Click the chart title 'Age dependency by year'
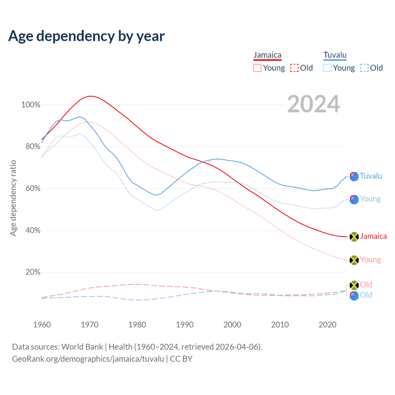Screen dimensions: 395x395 86,36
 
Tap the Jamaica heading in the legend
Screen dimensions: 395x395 267,55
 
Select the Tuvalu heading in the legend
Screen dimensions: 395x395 335,55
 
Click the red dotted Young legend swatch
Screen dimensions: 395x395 257,68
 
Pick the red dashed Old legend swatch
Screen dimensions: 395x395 294,68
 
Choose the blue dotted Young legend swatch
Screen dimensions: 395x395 327,68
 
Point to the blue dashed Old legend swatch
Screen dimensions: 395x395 364,68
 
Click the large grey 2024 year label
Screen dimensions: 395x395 314,104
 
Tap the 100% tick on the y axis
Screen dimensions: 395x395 31,105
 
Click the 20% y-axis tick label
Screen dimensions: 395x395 33,272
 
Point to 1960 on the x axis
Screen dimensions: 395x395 42,325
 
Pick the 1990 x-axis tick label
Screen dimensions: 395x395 185,325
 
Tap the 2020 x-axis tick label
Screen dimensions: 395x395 327,325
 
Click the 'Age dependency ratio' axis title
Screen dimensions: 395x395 13,198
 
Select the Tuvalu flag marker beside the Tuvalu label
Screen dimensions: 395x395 354,177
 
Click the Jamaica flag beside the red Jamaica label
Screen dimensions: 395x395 354,237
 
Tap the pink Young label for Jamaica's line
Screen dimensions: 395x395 370,260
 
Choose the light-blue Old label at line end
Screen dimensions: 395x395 366,295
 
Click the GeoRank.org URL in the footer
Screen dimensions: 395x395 88,359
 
